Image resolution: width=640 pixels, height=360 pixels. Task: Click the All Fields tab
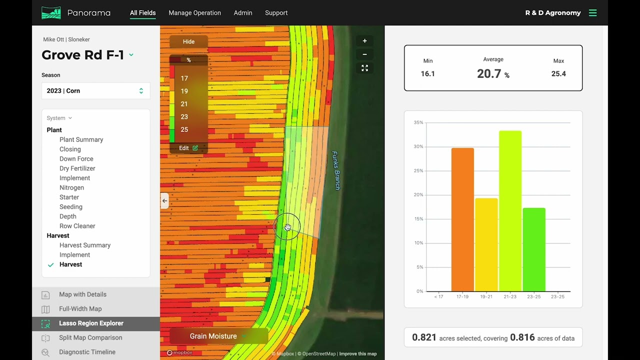[x=142, y=13]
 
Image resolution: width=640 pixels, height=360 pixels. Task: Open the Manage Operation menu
[x=194, y=13]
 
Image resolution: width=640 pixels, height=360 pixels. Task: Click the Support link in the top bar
[x=276, y=13]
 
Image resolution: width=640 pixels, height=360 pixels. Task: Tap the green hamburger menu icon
[x=592, y=13]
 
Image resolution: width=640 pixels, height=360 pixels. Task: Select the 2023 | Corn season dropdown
[x=95, y=91]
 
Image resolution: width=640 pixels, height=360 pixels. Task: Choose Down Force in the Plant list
[x=76, y=159]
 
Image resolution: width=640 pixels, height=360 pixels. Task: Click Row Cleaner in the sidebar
[x=77, y=226]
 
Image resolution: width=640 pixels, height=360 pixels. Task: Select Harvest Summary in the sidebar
[x=85, y=245]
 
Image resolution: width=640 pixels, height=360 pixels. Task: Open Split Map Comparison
[x=90, y=338]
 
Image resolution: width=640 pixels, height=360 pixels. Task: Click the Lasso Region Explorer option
[x=91, y=323]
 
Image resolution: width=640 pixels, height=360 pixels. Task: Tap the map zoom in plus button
[x=364, y=41]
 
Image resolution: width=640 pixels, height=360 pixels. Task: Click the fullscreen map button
[x=364, y=68]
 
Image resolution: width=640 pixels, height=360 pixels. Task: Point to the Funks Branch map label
[x=336, y=170]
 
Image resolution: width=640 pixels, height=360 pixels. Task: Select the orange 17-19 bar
[x=462, y=220]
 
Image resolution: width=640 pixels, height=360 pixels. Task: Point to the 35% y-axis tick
[x=418, y=122]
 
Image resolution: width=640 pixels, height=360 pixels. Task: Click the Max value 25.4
[x=558, y=74]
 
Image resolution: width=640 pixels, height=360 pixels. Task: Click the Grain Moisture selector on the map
[x=213, y=336]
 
